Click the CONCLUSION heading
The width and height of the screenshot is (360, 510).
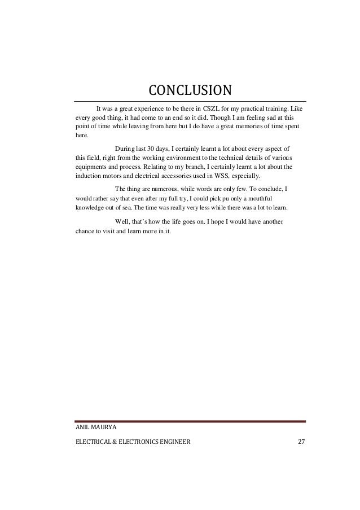pos(190,91)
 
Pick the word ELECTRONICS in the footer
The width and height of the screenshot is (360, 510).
pos(138,441)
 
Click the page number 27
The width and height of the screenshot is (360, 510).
pos(301,441)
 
